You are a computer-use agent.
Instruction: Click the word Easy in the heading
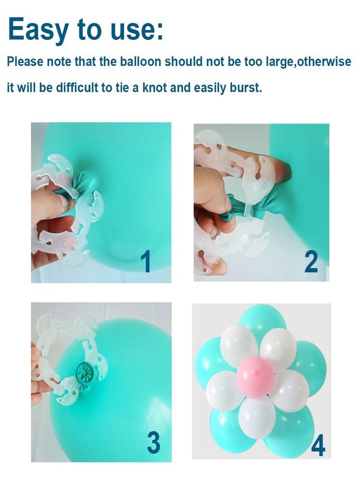38,29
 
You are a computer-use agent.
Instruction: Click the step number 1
145,262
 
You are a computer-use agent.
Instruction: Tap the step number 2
311,262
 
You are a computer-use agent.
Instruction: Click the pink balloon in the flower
255,376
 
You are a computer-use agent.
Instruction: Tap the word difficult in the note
76,87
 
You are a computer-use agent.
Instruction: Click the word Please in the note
25,61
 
